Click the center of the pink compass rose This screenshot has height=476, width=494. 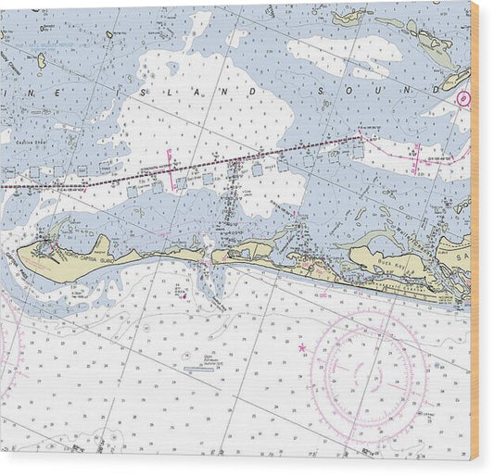pos(370,370)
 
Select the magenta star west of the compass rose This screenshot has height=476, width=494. pos(302,348)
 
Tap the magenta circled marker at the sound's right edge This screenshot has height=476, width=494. pos(464,97)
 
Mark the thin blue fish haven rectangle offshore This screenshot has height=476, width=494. pos(204,370)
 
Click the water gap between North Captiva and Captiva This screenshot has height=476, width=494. pos(207,260)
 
